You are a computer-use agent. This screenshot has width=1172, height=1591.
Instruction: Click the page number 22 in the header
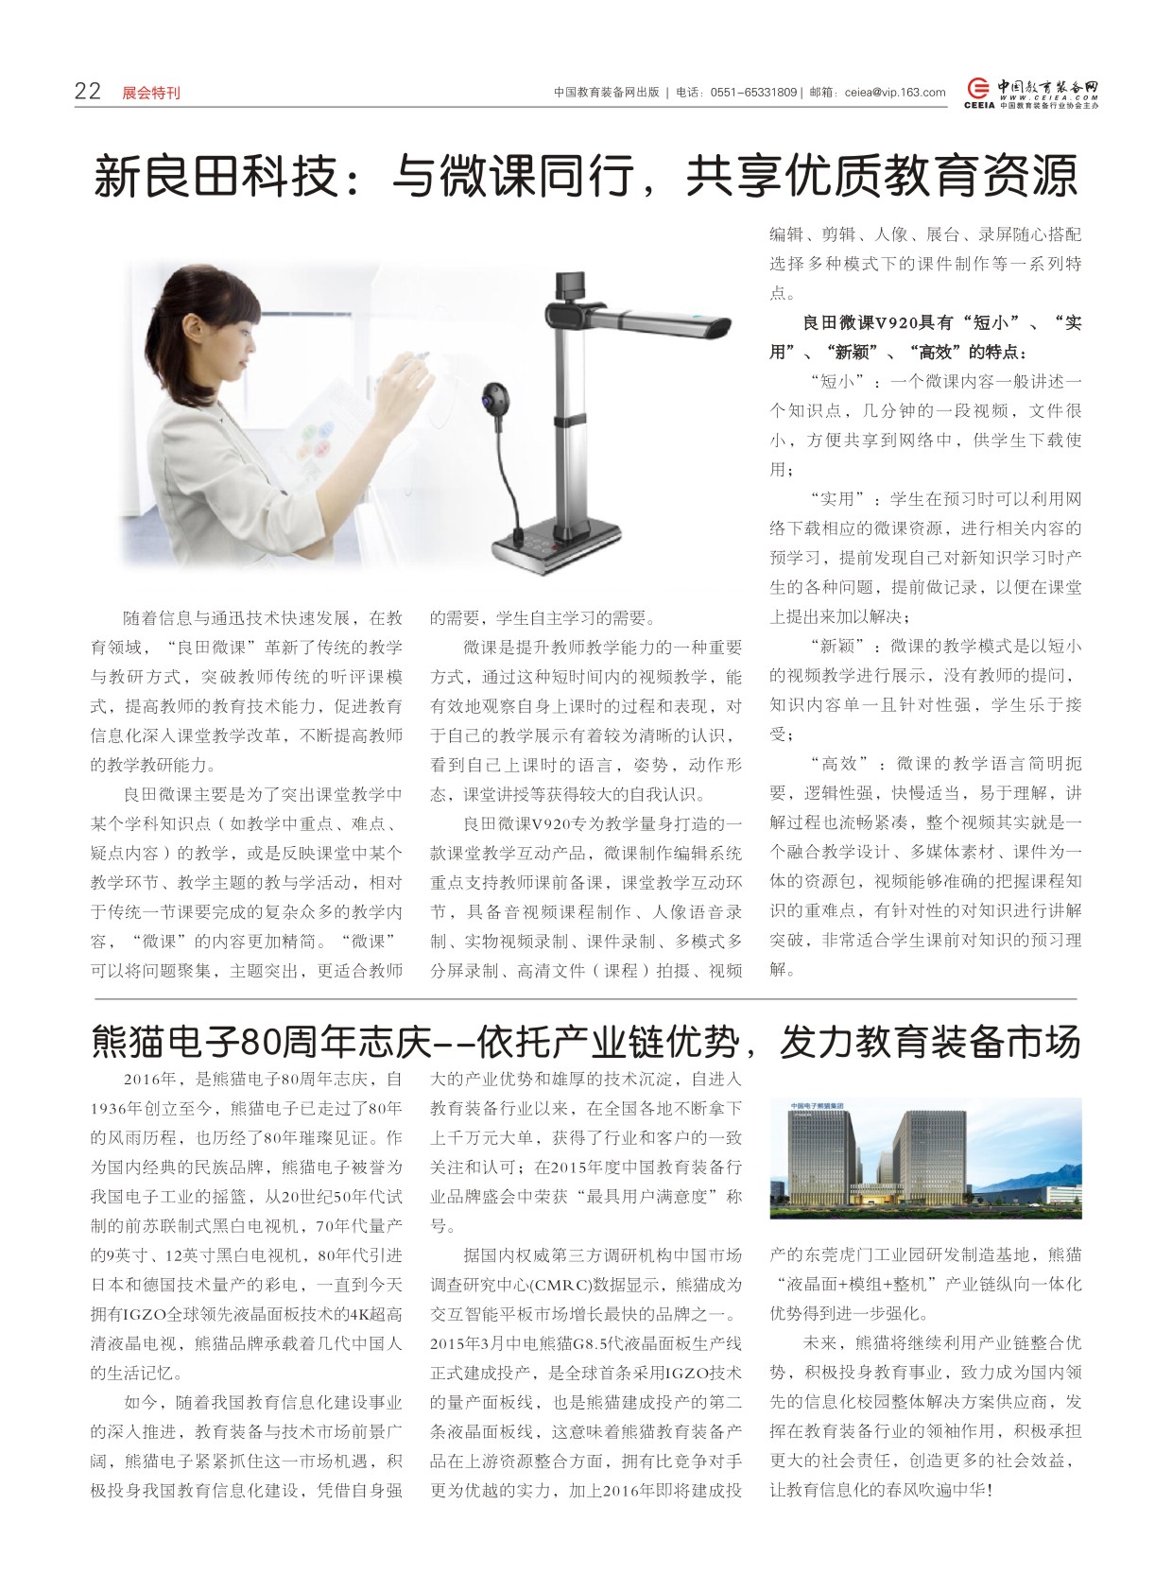coord(87,91)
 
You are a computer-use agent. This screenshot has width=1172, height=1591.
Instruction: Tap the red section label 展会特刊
coord(151,93)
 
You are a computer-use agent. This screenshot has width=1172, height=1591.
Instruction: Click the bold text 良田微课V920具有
coord(861,322)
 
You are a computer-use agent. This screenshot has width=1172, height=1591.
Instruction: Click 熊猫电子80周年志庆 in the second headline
coord(260,1043)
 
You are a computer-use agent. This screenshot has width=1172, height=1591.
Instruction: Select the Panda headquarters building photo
coord(925,1157)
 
